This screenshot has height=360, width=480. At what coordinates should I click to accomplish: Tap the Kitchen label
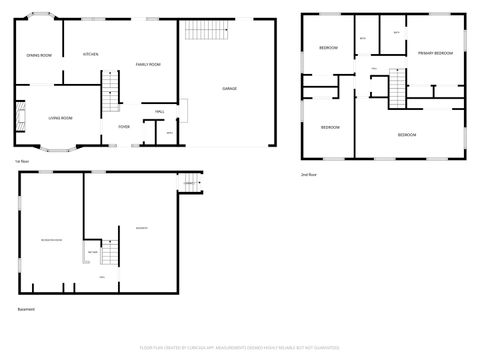(90, 54)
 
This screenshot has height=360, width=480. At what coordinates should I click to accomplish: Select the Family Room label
(149, 64)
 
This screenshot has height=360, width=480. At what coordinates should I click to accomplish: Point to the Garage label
(229, 89)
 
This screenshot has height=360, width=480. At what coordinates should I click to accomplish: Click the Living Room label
(61, 118)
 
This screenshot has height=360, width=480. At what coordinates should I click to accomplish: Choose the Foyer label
(124, 127)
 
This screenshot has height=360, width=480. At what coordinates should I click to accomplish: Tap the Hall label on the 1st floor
(160, 111)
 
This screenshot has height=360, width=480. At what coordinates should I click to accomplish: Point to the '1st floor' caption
(20, 160)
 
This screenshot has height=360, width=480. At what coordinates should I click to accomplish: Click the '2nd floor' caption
(309, 174)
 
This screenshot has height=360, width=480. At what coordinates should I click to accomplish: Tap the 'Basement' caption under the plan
(26, 309)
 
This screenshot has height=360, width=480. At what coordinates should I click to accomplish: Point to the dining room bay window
(39, 18)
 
